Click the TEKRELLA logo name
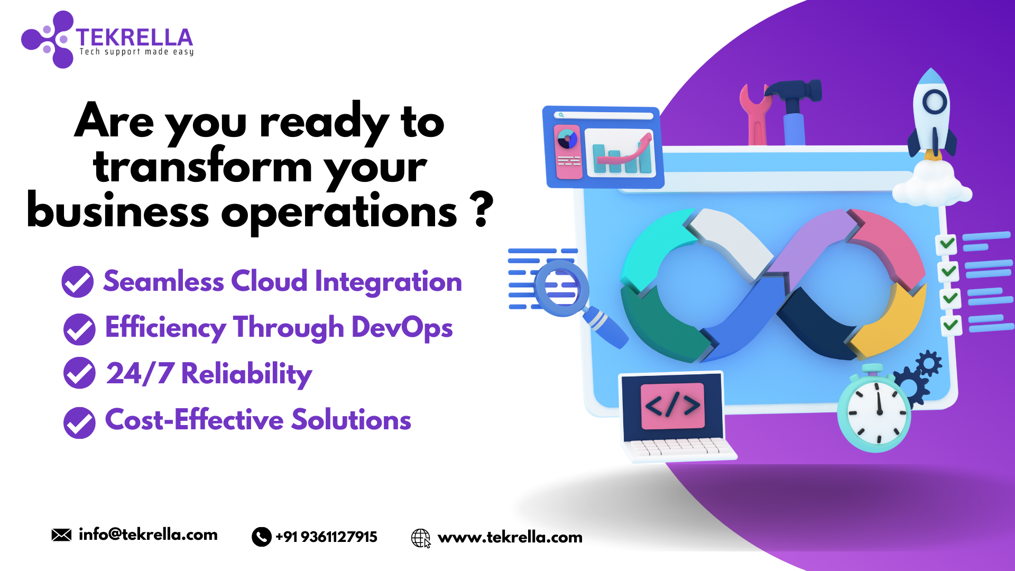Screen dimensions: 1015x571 click(x=134, y=37)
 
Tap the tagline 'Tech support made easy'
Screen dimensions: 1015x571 click(x=136, y=52)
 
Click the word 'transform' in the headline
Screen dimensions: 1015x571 click(x=202, y=167)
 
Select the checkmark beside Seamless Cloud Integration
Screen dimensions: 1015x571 click(x=78, y=281)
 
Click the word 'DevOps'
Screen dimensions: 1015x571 click(x=402, y=327)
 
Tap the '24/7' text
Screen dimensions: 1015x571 click(x=140, y=373)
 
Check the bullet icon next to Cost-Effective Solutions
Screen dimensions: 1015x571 click(x=79, y=423)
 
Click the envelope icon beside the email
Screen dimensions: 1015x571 click(x=61, y=535)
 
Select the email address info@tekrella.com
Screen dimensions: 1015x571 click(x=148, y=535)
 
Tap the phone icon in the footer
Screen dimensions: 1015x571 click(x=261, y=537)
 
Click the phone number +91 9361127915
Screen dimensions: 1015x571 click(x=326, y=537)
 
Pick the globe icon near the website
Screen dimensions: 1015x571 click(x=421, y=538)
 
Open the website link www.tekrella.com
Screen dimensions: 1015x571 click(x=510, y=538)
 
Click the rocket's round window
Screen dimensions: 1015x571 click(x=934, y=102)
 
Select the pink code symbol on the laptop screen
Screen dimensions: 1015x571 click(x=672, y=406)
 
